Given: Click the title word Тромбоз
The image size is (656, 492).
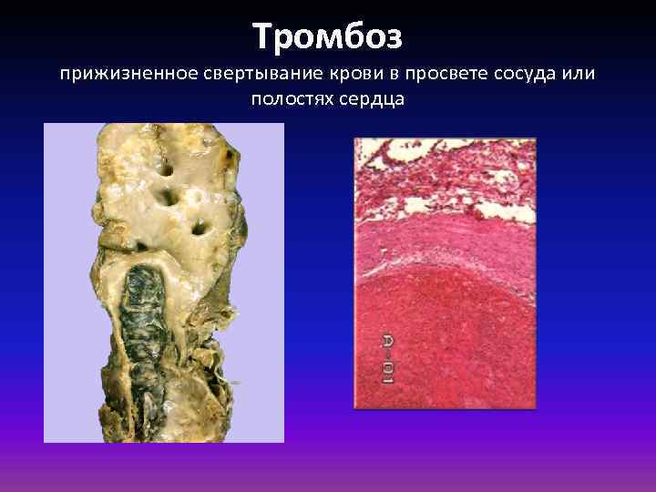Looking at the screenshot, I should coord(327,36).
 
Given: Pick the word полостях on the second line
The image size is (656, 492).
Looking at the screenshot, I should coord(290,97).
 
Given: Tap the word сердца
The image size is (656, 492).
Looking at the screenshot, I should coord(374,97).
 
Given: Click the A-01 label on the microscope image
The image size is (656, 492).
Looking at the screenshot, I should coord(386,358).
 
